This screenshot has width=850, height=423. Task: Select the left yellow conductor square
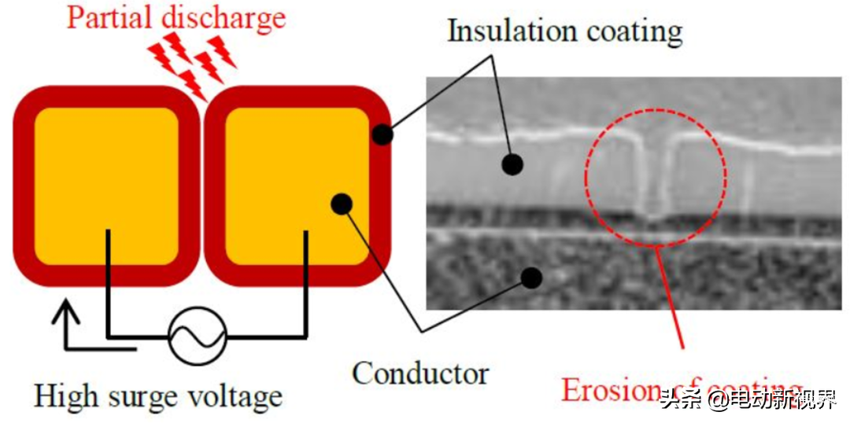[x=106, y=186]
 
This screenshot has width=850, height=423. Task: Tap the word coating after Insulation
[x=634, y=32]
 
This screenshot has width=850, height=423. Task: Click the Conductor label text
[x=420, y=373]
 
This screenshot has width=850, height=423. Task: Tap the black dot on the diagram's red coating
[x=382, y=134]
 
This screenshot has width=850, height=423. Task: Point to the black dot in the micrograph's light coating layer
[x=512, y=164]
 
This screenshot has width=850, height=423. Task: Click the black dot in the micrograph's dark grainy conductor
[x=532, y=276]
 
